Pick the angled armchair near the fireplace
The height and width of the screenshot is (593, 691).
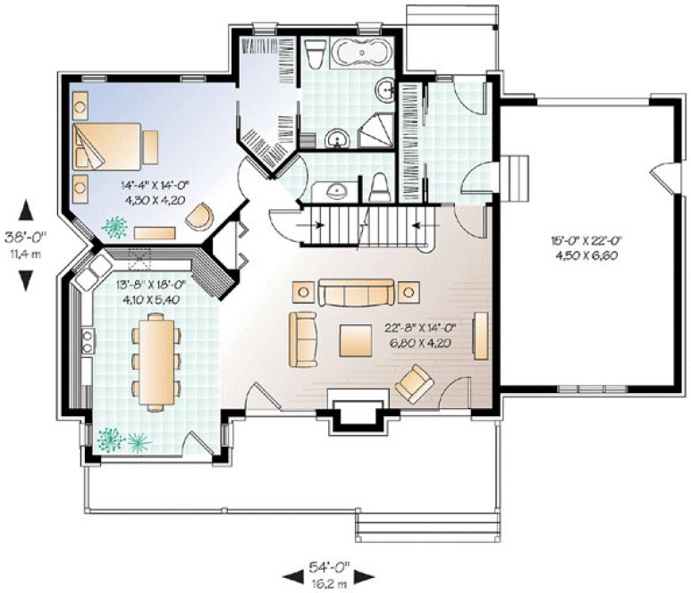click(x=413, y=384)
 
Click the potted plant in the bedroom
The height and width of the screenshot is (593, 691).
click(x=114, y=229)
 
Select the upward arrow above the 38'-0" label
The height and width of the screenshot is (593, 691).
click(x=26, y=212)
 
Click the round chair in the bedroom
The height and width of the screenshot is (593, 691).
click(x=202, y=217)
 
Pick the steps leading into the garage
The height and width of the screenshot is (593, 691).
click(x=516, y=179)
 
